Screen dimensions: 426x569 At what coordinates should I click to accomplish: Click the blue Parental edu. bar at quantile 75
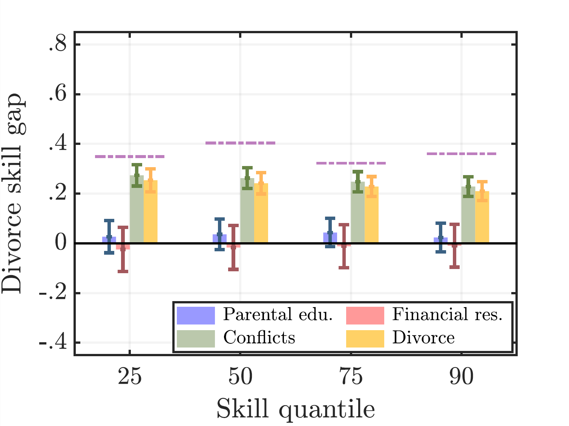point(330,238)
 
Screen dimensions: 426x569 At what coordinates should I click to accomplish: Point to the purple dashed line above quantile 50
point(241,143)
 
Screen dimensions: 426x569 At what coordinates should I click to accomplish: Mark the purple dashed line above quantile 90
point(462,154)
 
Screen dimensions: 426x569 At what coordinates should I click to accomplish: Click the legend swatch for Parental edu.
point(196,315)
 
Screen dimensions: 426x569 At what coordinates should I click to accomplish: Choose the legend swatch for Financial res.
point(365,315)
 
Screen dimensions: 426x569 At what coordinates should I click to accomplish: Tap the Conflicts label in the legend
point(259,338)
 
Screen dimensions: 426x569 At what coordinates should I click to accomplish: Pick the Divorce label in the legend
point(423,338)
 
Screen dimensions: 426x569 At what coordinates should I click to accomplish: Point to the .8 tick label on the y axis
point(58,45)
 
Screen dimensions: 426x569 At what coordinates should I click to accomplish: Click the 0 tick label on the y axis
point(60,243)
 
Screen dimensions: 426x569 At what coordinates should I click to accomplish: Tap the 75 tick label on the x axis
point(351,377)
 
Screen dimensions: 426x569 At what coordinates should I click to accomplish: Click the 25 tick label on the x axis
point(130,377)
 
